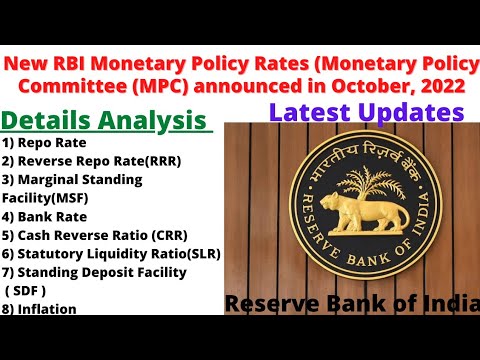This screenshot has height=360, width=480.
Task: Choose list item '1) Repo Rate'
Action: click(x=44, y=143)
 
